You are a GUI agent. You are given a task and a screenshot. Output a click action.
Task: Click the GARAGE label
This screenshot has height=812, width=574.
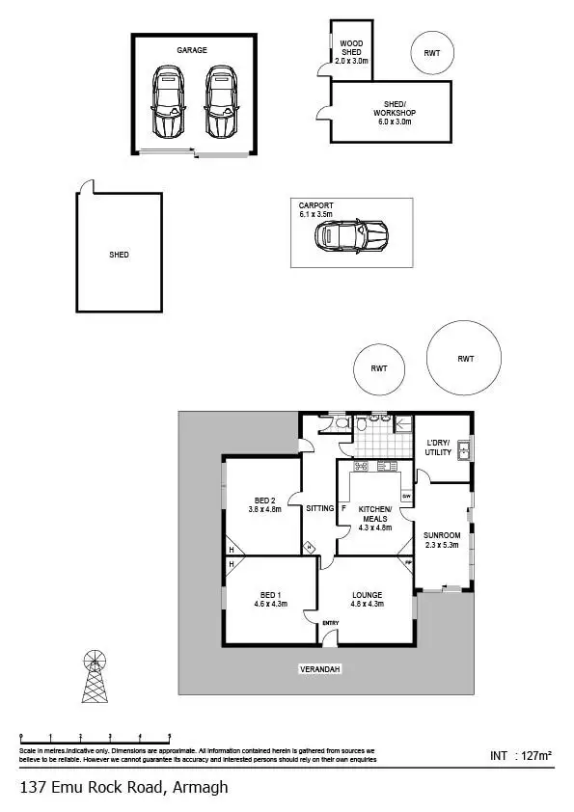(191, 50)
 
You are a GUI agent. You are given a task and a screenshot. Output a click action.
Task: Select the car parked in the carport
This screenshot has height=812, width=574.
(351, 234)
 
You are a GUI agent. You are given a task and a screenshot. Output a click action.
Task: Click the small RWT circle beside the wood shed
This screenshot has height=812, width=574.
(431, 52)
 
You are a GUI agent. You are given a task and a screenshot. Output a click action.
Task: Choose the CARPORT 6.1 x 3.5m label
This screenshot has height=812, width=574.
(316, 209)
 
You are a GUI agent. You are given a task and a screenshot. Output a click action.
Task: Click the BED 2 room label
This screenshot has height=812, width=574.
(264, 503)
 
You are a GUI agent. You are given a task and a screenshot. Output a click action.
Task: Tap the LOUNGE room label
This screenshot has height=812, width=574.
(368, 599)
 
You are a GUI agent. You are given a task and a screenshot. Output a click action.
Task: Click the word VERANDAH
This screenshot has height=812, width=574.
(320, 668)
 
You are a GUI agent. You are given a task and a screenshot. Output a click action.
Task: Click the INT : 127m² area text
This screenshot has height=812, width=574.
(520, 756)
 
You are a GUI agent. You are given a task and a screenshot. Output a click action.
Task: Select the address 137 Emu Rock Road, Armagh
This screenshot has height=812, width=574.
(123, 787)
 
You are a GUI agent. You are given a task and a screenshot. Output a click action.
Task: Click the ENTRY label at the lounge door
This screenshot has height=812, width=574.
(331, 622)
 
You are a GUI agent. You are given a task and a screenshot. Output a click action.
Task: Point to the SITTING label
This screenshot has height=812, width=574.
(319, 508)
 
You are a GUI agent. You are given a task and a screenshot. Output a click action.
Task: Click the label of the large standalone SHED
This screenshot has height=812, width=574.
(119, 255)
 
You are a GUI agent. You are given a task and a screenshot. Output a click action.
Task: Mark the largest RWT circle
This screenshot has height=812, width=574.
(466, 359)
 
